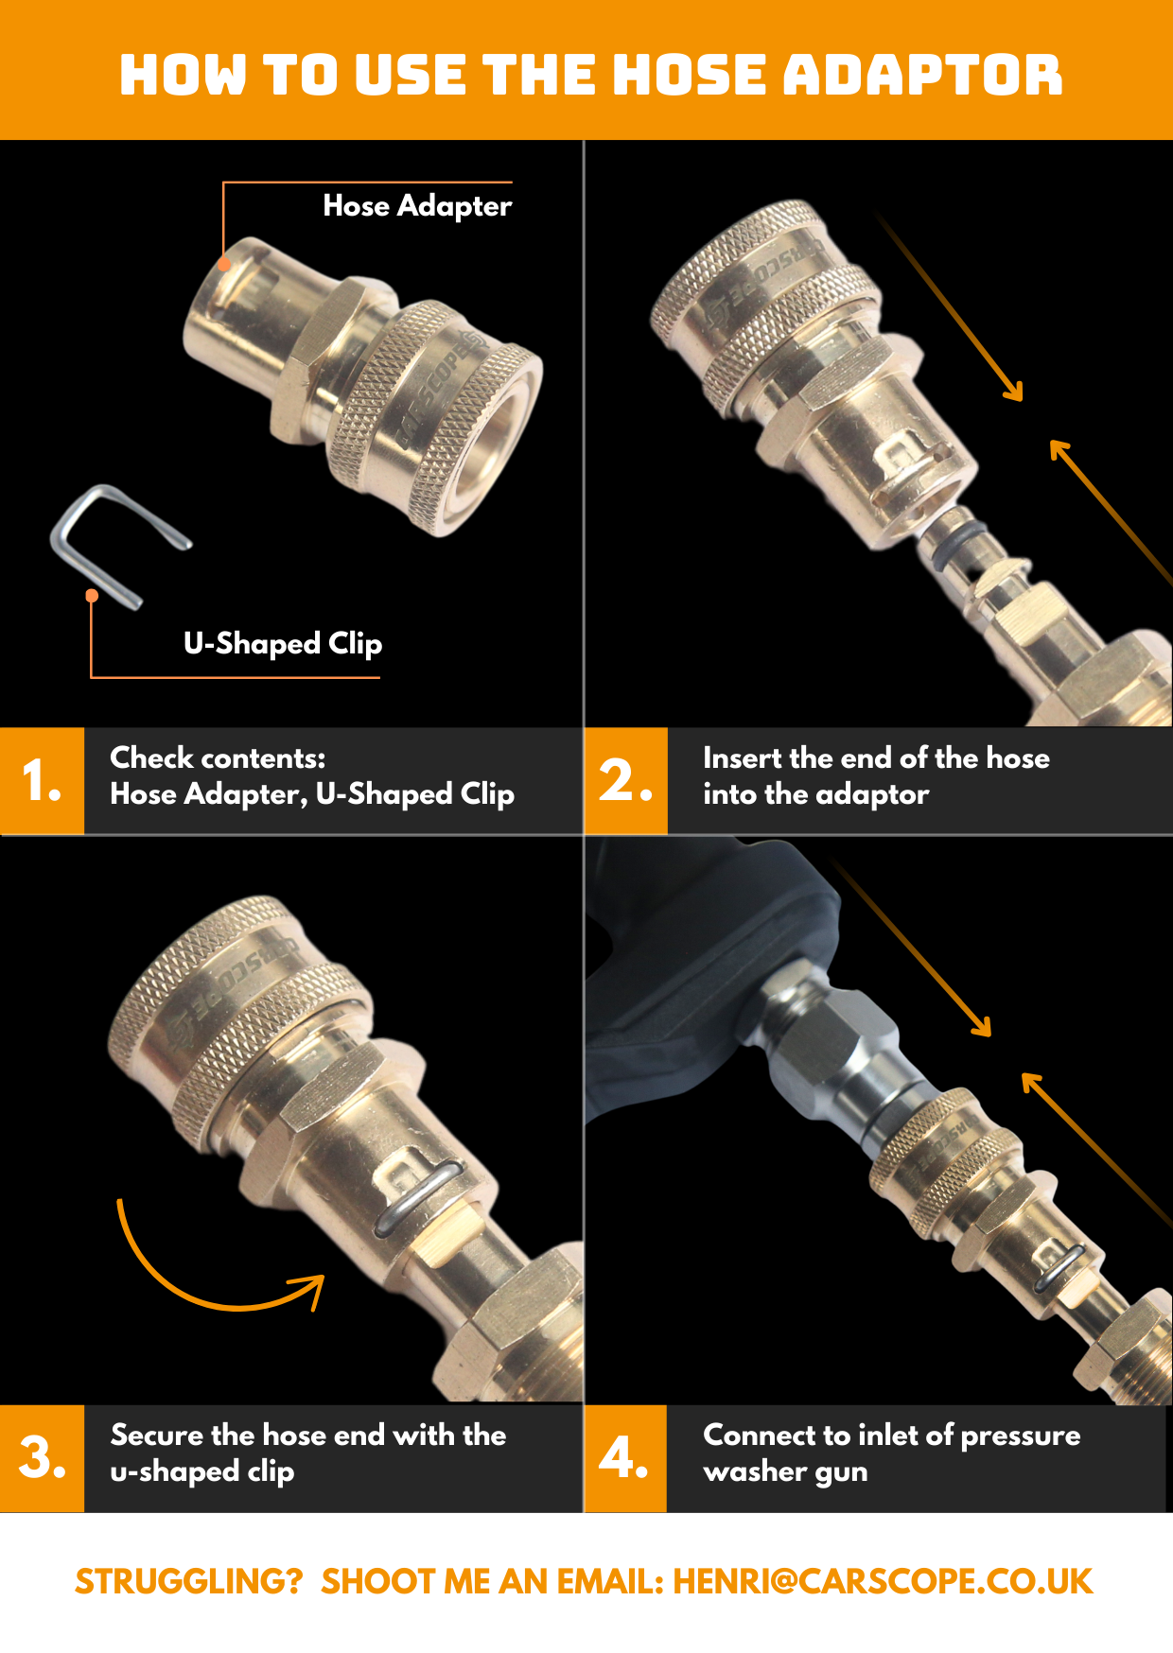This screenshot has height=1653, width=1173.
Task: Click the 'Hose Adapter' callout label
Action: coord(417,206)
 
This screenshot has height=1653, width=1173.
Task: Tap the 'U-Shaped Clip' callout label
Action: coord(283,644)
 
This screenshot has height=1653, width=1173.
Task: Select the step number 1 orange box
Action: coord(43,781)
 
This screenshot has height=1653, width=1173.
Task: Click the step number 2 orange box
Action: coord(626,781)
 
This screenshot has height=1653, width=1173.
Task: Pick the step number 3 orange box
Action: coord(43,1458)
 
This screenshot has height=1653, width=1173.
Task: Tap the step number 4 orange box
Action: coord(626,1458)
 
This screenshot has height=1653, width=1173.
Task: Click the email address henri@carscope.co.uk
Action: coord(883,1581)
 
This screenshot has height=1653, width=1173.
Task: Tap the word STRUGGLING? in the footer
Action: coord(189,1581)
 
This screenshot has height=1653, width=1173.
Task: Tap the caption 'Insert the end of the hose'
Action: coord(876,758)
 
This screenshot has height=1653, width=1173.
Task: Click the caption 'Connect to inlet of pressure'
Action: coord(891,1435)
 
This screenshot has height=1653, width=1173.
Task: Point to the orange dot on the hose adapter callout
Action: coord(224,264)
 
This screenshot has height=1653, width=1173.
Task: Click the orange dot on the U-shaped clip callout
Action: coord(92,595)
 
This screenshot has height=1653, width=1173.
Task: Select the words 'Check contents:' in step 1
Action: coord(218,758)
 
